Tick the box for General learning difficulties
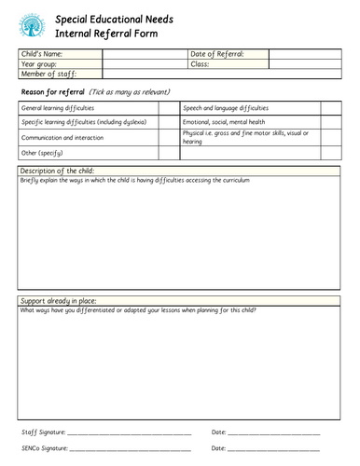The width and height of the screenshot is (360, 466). (168, 108)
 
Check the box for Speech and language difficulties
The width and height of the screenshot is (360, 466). (333, 108)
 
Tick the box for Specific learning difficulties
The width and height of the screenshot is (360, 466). (168, 121)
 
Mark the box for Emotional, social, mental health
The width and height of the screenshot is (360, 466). (333, 121)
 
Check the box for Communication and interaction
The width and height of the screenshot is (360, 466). (168, 136)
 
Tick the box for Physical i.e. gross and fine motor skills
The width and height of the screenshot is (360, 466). (333, 136)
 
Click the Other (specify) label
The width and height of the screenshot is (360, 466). (38, 151)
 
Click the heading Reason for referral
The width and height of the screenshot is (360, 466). (52, 92)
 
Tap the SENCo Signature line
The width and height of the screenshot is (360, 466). (131, 449)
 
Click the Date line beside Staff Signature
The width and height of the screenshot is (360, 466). (274, 434)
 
